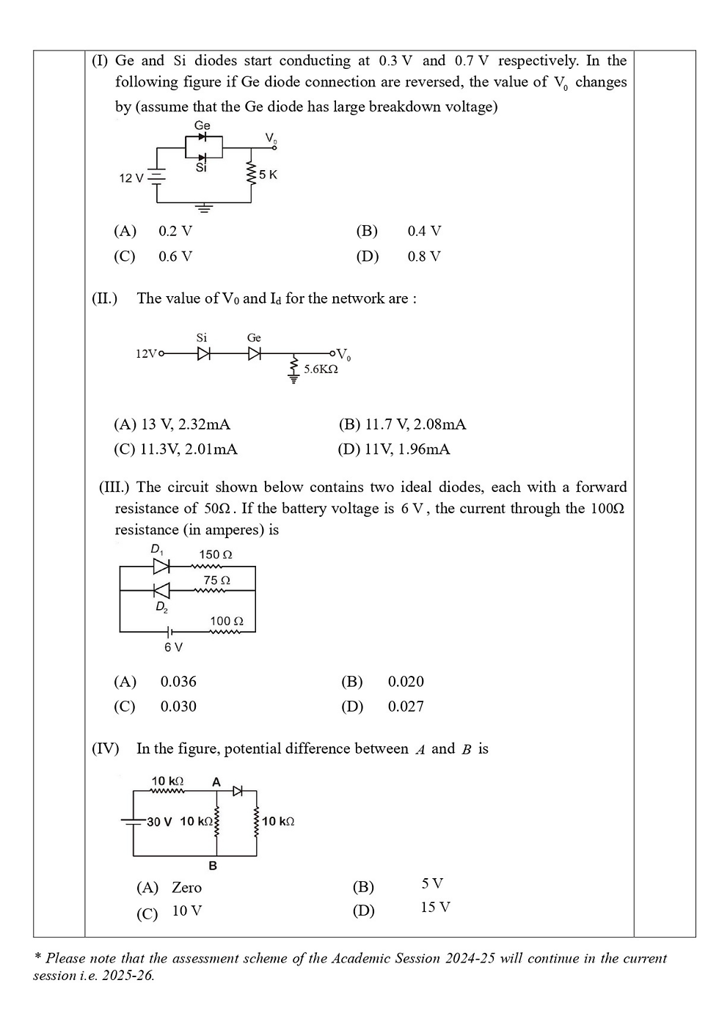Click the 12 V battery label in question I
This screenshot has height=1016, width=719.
[131, 178]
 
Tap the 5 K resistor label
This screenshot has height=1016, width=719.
[268, 174]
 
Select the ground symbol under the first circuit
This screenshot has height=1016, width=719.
[204, 209]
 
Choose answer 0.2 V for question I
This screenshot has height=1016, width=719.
[175, 231]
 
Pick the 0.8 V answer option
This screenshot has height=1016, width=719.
[424, 257]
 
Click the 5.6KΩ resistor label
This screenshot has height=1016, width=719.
[321, 369]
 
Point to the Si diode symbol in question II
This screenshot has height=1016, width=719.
[203, 354]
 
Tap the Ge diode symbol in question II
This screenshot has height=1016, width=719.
[255, 354]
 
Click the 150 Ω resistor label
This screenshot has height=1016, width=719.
[216, 555]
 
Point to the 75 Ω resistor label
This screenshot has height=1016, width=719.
[217, 581]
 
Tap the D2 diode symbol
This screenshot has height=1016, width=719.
[161, 590]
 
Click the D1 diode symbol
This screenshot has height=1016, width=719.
[161, 566]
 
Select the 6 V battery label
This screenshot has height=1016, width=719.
[174, 647]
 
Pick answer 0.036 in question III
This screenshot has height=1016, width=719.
[178, 682]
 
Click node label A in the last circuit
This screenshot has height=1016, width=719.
[216, 782]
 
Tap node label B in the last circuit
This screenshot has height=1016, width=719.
[213, 866]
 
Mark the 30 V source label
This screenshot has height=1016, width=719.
[159, 822]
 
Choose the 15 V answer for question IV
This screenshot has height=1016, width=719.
[435, 908]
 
